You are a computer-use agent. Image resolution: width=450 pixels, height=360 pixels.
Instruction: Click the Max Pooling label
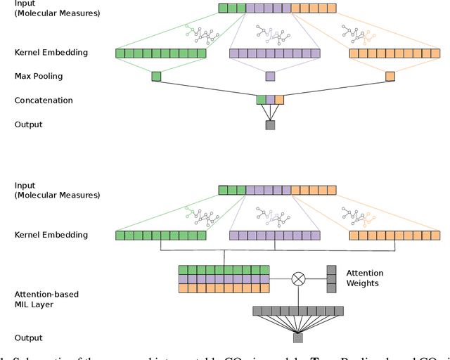pos(39,76)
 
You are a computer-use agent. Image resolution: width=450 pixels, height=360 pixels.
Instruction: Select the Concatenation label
pos(44,101)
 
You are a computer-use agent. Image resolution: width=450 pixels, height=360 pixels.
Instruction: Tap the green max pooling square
pos(156,76)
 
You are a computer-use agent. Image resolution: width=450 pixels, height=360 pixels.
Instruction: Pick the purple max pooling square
pos(270,76)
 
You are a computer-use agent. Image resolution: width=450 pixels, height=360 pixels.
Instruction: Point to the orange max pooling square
pos(390,76)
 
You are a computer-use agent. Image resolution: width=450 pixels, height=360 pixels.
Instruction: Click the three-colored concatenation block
pos(270,100)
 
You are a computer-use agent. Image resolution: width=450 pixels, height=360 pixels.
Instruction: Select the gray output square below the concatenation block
pos(270,125)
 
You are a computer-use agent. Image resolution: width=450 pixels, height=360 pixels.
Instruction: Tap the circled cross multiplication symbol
pos(298,278)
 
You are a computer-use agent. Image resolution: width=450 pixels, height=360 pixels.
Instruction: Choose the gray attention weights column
pos(331,278)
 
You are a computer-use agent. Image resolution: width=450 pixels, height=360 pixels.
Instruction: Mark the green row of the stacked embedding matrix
pos(224,269)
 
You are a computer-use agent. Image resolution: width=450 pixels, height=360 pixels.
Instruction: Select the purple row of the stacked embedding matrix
pos(224,278)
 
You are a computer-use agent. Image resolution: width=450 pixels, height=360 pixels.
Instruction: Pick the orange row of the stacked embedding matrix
pos(224,288)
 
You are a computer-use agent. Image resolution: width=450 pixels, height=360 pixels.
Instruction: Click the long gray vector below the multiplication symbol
pos(298,311)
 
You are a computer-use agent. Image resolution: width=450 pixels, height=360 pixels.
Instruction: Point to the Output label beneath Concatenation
pos(28,125)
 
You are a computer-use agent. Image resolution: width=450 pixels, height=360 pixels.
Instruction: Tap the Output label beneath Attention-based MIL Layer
pos(28,338)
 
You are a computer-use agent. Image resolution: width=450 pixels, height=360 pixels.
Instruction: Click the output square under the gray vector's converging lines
pos(298,338)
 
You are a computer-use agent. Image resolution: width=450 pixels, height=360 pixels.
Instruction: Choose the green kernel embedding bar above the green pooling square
pos(161,53)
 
